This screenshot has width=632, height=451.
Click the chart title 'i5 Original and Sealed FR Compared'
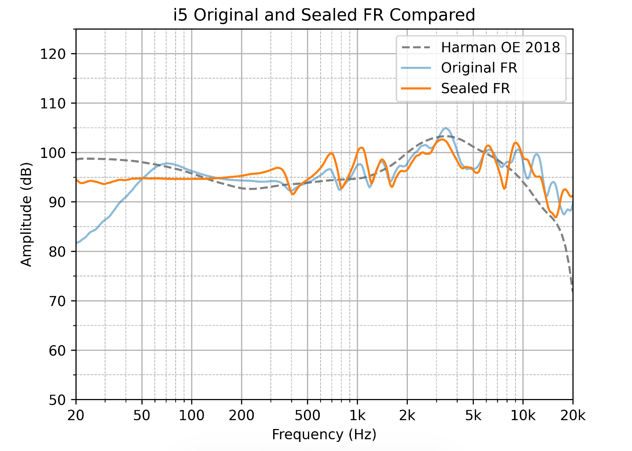pyautogui.click(x=324, y=15)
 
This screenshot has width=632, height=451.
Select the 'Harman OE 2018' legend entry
pyautogui.click(x=500, y=47)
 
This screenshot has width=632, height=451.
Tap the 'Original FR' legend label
pyautogui.click(x=479, y=68)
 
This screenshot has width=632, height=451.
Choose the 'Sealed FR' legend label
pyautogui.click(x=475, y=88)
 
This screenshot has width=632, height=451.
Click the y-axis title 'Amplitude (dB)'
pyautogui.click(x=27, y=214)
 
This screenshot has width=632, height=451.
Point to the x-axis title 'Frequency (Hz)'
pyautogui.click(x=324, y=434)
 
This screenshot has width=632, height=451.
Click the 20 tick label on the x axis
pyautogui.click(x=76, y=416)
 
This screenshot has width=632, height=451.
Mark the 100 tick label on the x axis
pyautogui.click(x=192, y=416)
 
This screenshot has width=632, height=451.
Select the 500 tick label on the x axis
pyautogui.click(x=307, y=416)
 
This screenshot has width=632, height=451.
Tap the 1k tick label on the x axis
pyautogui.click(x=357, y=416)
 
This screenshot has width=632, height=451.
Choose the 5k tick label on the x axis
pyautogui.click(x=473, y=416)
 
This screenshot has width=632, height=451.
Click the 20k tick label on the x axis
pyautogui.click(x=572, y=416)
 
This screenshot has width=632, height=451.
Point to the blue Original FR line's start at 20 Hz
pyautogui.click(x=77, y=243)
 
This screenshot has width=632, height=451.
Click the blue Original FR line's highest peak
pyautogui.click(x=445, y=128)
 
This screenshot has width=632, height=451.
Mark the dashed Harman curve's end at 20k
pyautogui.click(x=572, y=292)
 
